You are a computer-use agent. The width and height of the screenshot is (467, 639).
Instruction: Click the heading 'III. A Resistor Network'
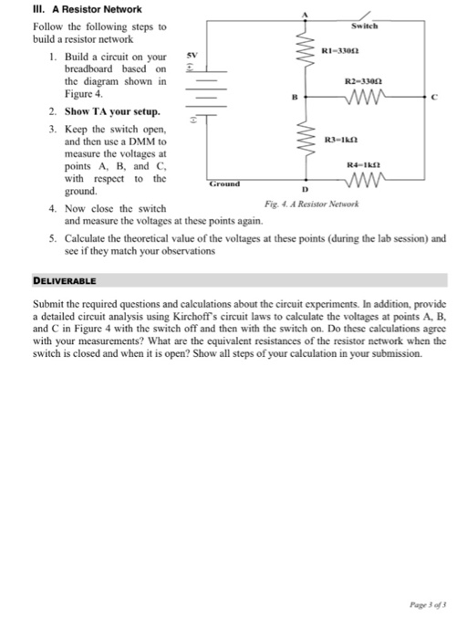[x=80, y=9]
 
